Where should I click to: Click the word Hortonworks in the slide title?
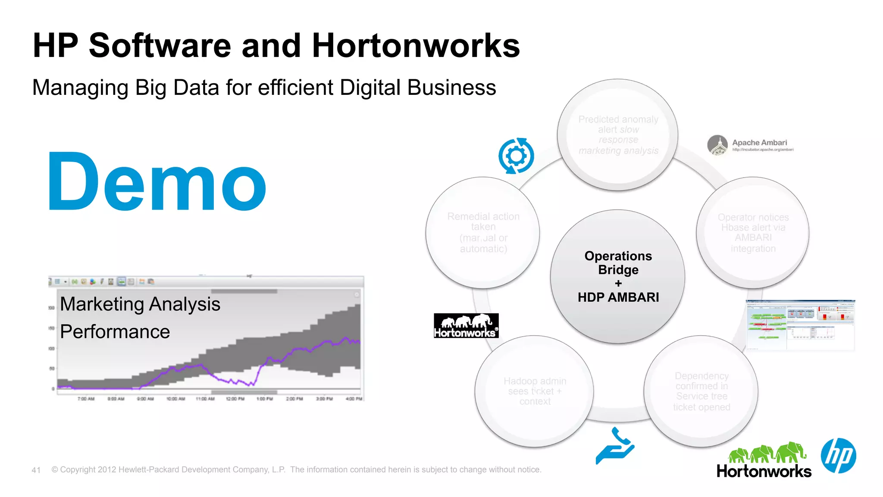click(416, 45)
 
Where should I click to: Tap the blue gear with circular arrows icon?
click(516, 156)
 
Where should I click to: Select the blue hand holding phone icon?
click(615, 447)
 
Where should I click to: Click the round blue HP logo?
click(838, 456)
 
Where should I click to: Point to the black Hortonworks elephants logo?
click(466, 325)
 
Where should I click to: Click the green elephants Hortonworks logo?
click(764, 460)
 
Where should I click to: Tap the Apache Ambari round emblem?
click(717, 145)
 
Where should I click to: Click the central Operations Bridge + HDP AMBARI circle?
click(618, 276)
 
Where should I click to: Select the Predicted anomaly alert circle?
click(618, 134)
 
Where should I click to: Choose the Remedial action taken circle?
click(483, 232)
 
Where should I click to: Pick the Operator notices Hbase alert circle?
click(753, 233)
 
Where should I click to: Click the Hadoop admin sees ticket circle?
click(535, 391)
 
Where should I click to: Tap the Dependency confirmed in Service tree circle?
click(701, 391)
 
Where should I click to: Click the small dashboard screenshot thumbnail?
click(800, 325)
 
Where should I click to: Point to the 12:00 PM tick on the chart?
click(235, 399)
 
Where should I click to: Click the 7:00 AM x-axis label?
click(86, 399)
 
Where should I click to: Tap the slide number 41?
click(36, 470)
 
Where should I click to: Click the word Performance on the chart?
click(115, 331)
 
